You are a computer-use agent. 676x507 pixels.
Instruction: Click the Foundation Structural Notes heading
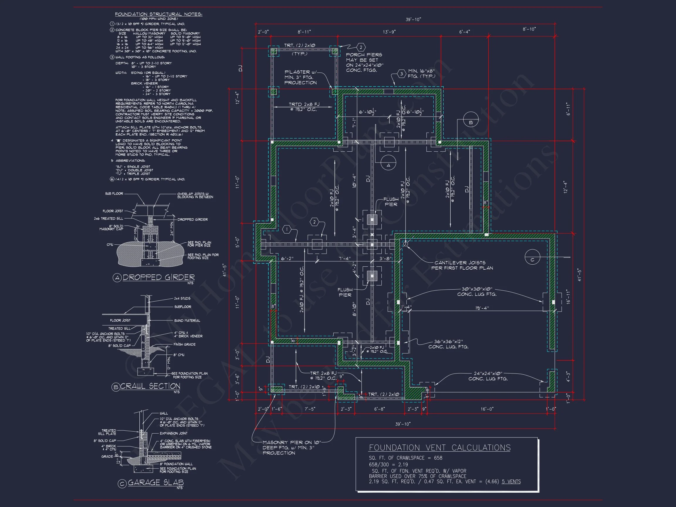pyautogui.click(x=158, y=14)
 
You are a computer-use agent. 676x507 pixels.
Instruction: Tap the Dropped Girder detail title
pyautogui.click(x=158, y=278)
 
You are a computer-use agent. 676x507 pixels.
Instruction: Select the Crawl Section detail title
pyautogui.click(x=150, y=386)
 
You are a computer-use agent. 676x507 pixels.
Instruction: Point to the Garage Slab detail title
pyautogui.click(x=156, y=483)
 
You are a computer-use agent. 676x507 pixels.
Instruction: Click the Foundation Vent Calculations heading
pyautogui.click(x=440, y=448)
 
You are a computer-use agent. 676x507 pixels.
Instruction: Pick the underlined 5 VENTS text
pyautogui.click(x=511, y=482)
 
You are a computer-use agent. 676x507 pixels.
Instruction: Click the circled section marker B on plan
pyautogui.click(x=471, y=123)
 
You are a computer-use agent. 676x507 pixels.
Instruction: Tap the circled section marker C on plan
pyautogui.click(x=532, y=260)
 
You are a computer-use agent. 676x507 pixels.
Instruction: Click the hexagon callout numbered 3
pyautogui.click(x=401, y=74)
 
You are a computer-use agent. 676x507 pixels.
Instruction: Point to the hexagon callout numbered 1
pyautogui.click(x=287, y=229)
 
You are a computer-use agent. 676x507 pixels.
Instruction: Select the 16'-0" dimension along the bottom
pyautogui.click(x=487, y=409)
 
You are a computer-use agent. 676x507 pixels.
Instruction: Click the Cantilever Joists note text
pyautogui.click(x=462, y=265)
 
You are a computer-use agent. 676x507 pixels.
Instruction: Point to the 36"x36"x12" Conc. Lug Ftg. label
pyautogui.click(x=448, y=344)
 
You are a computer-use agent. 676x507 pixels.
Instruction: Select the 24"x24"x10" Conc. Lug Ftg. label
pyautogui.click(x=488, y=376)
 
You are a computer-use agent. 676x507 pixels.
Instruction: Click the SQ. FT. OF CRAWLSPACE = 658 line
pyautogui.click(x=405, y=458)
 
